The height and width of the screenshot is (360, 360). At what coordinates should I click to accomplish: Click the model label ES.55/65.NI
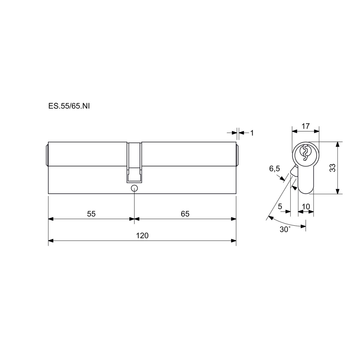pyautogui.click(x=69, y=106)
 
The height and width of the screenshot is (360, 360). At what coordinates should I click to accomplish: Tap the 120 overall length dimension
pyautogui.click(x=142, y=235)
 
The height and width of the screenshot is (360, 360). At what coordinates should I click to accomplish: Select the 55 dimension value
pyautogui.click(x=91, y=214)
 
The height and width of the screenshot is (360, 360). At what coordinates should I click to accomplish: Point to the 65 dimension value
pyautogui.click(x=185, y=214)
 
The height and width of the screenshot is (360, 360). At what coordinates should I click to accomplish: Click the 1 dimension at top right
pyautogui.click(x=252, y=133)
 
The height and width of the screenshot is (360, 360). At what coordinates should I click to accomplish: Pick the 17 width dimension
pyautogui.click(x=306, y=126)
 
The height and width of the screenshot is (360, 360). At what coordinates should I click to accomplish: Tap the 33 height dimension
pyautogui.click(x=332, y=168)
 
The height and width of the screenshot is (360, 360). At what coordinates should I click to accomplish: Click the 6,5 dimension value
pyautogui.click(x=274, y=169)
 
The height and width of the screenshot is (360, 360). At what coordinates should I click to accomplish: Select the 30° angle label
pyautogui.click(x=285, y=229)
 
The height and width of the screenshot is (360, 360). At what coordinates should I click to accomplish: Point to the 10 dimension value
pyautogui.click(x=306, y=206)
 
